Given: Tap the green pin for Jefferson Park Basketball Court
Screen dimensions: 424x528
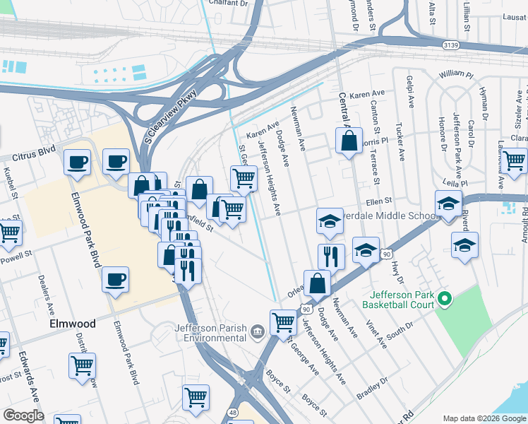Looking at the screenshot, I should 443,299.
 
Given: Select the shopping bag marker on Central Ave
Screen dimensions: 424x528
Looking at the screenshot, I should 349,141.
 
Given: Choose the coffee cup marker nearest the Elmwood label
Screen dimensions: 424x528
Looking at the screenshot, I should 115,280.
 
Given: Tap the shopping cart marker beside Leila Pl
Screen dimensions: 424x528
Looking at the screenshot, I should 513,161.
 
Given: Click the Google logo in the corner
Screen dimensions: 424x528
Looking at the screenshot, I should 23,416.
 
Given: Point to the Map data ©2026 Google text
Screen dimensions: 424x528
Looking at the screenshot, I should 484,418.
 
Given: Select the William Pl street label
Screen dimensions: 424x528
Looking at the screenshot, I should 456,74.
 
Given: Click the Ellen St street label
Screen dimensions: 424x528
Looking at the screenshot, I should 379,201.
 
